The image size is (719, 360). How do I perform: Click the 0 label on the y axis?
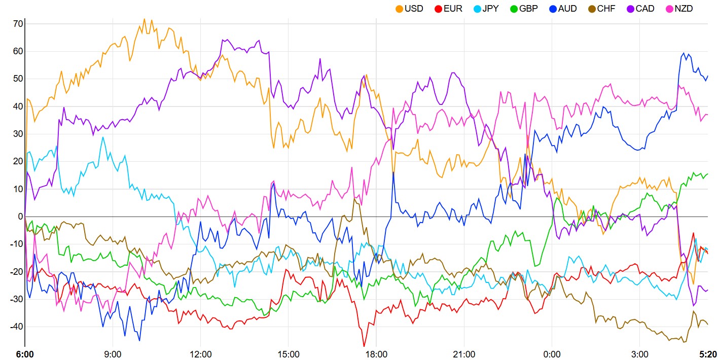20,217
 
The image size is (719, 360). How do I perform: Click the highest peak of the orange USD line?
144,19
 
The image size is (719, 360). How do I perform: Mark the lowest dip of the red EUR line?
364,347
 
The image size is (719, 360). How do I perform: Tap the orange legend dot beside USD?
399,9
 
